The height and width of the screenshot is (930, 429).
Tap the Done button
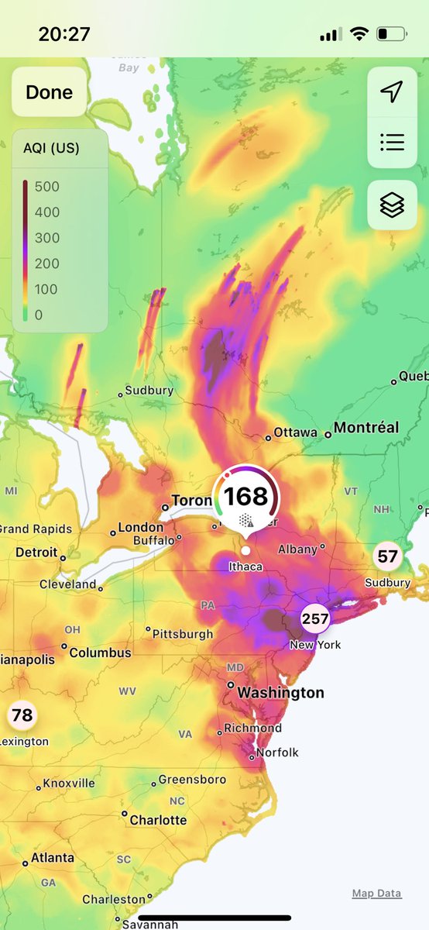click(50, 92)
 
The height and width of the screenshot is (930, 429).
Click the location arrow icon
click(392, 92)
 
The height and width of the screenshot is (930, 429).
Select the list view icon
click(392, 142)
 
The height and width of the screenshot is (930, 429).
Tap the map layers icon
click(392, 205)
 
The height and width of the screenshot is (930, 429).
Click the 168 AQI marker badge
click(246, 497)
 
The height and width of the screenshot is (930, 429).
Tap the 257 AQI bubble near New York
click(315, 618)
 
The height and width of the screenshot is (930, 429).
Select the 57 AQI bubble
click(387, 556)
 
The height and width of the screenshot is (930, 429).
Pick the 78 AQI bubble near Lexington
click(22, 715)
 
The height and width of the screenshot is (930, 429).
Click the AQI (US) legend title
click(53, 149)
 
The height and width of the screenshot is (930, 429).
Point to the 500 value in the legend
click(47, 186)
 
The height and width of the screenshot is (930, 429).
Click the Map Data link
click(376, 894)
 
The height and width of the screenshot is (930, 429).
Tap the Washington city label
click(280, 692)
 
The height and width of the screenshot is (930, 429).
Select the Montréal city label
click(366, 428)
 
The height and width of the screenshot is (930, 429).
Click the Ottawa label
click(296, 432)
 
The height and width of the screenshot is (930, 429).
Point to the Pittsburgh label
click(183, 633)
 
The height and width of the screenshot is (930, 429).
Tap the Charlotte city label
click(158, 819)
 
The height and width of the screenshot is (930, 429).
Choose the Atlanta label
click(53, 858)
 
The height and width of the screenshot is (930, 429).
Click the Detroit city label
click(36, 553)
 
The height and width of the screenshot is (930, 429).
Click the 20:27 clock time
click(64, 34)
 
